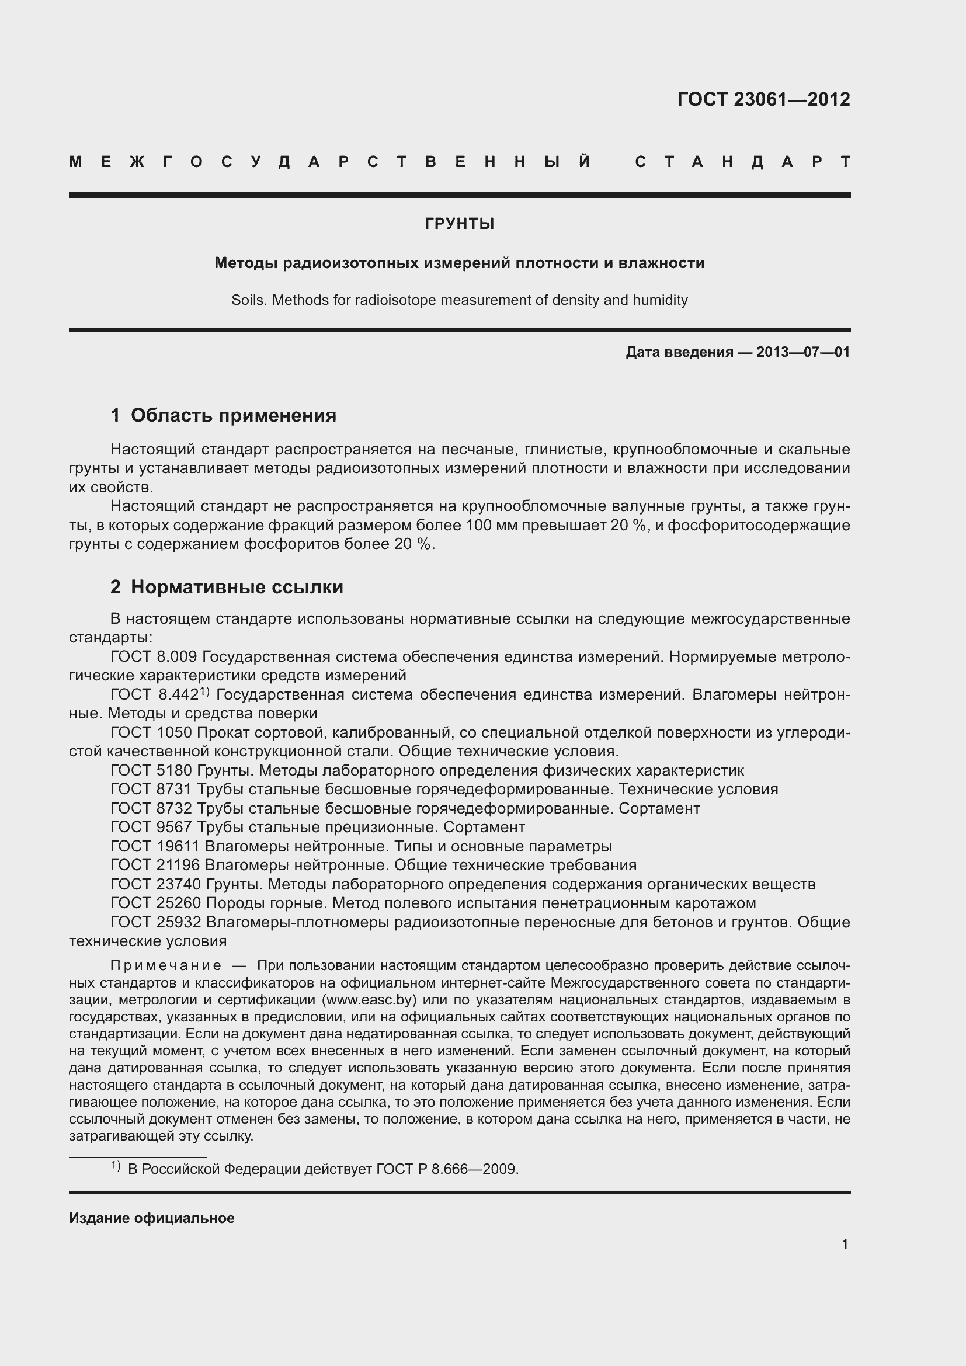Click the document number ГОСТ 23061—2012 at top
763,99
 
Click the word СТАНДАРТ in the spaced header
742,162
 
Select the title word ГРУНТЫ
459,224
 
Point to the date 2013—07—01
803,352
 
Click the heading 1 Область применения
224,415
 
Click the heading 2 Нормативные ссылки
227,587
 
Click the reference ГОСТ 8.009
154,656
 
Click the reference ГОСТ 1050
151,732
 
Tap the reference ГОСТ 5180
151,770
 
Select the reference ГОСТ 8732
151,808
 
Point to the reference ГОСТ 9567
151,827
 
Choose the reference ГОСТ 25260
156,903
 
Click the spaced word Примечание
166,965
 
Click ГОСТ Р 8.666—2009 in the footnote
447,1169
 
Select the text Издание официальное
152,1218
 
